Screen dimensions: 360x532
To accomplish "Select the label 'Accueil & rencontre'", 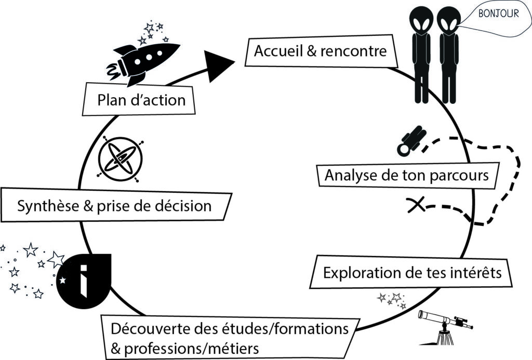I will [320, 51].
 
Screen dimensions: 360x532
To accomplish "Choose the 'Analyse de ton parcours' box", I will [406, 176].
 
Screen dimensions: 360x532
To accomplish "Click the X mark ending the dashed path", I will [415, 206].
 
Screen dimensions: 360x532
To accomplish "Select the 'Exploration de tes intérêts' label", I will [412, 273].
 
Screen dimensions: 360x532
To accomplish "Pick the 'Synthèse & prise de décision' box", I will [114, 206].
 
